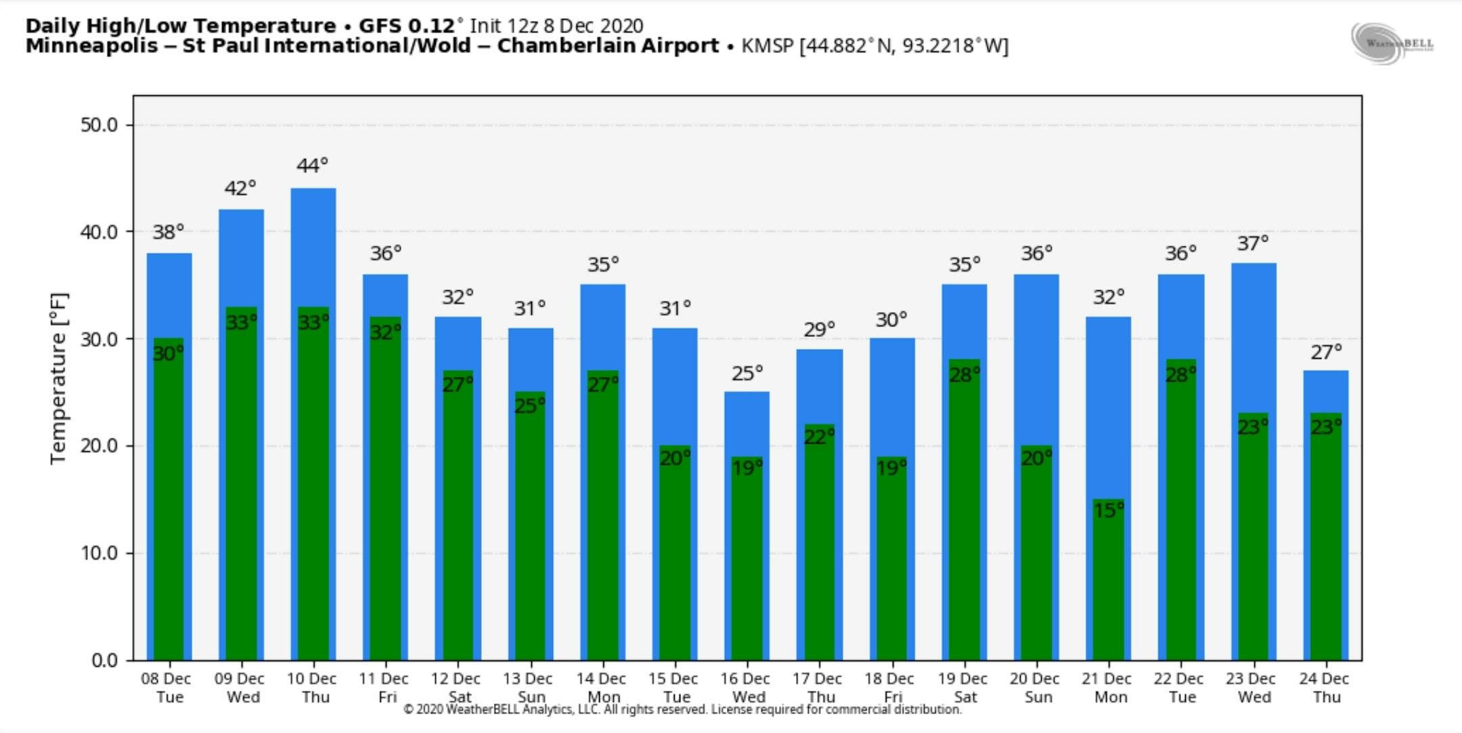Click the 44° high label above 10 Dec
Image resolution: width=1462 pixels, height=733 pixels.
tap(312, 166)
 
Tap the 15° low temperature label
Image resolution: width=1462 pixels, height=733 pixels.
tap(1108, 510)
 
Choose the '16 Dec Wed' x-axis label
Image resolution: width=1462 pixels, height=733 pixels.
tap(745, 688)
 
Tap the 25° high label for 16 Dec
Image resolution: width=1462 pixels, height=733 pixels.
tap(747, 374)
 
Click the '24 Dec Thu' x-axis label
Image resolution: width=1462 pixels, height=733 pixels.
tap(1324, 688)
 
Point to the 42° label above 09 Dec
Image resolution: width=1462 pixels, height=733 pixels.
tap(240, 188)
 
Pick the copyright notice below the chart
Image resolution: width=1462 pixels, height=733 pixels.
tap(682, 710)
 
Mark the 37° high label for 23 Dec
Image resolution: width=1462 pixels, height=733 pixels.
tap(1252, 244)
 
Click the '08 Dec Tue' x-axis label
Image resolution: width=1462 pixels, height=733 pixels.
tap(167, 688)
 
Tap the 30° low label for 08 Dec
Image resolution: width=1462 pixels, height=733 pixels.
tap(168, 353)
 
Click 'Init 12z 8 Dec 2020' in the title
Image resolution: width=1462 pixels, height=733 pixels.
tap(556, 26)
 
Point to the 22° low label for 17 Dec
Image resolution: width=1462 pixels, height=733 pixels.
tap(819, 437)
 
